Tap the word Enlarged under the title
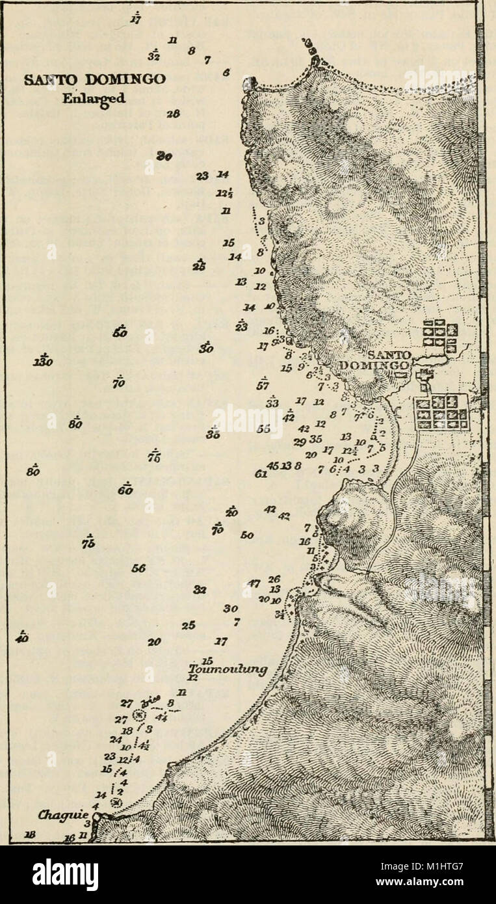(x=97, y=99)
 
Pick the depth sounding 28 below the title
(x=173, y=114)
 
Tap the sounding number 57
(x=263, y=385)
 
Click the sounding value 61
(x=261, y=474)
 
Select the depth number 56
(x=138, y=568)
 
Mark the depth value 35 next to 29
(x=316, y=438)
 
